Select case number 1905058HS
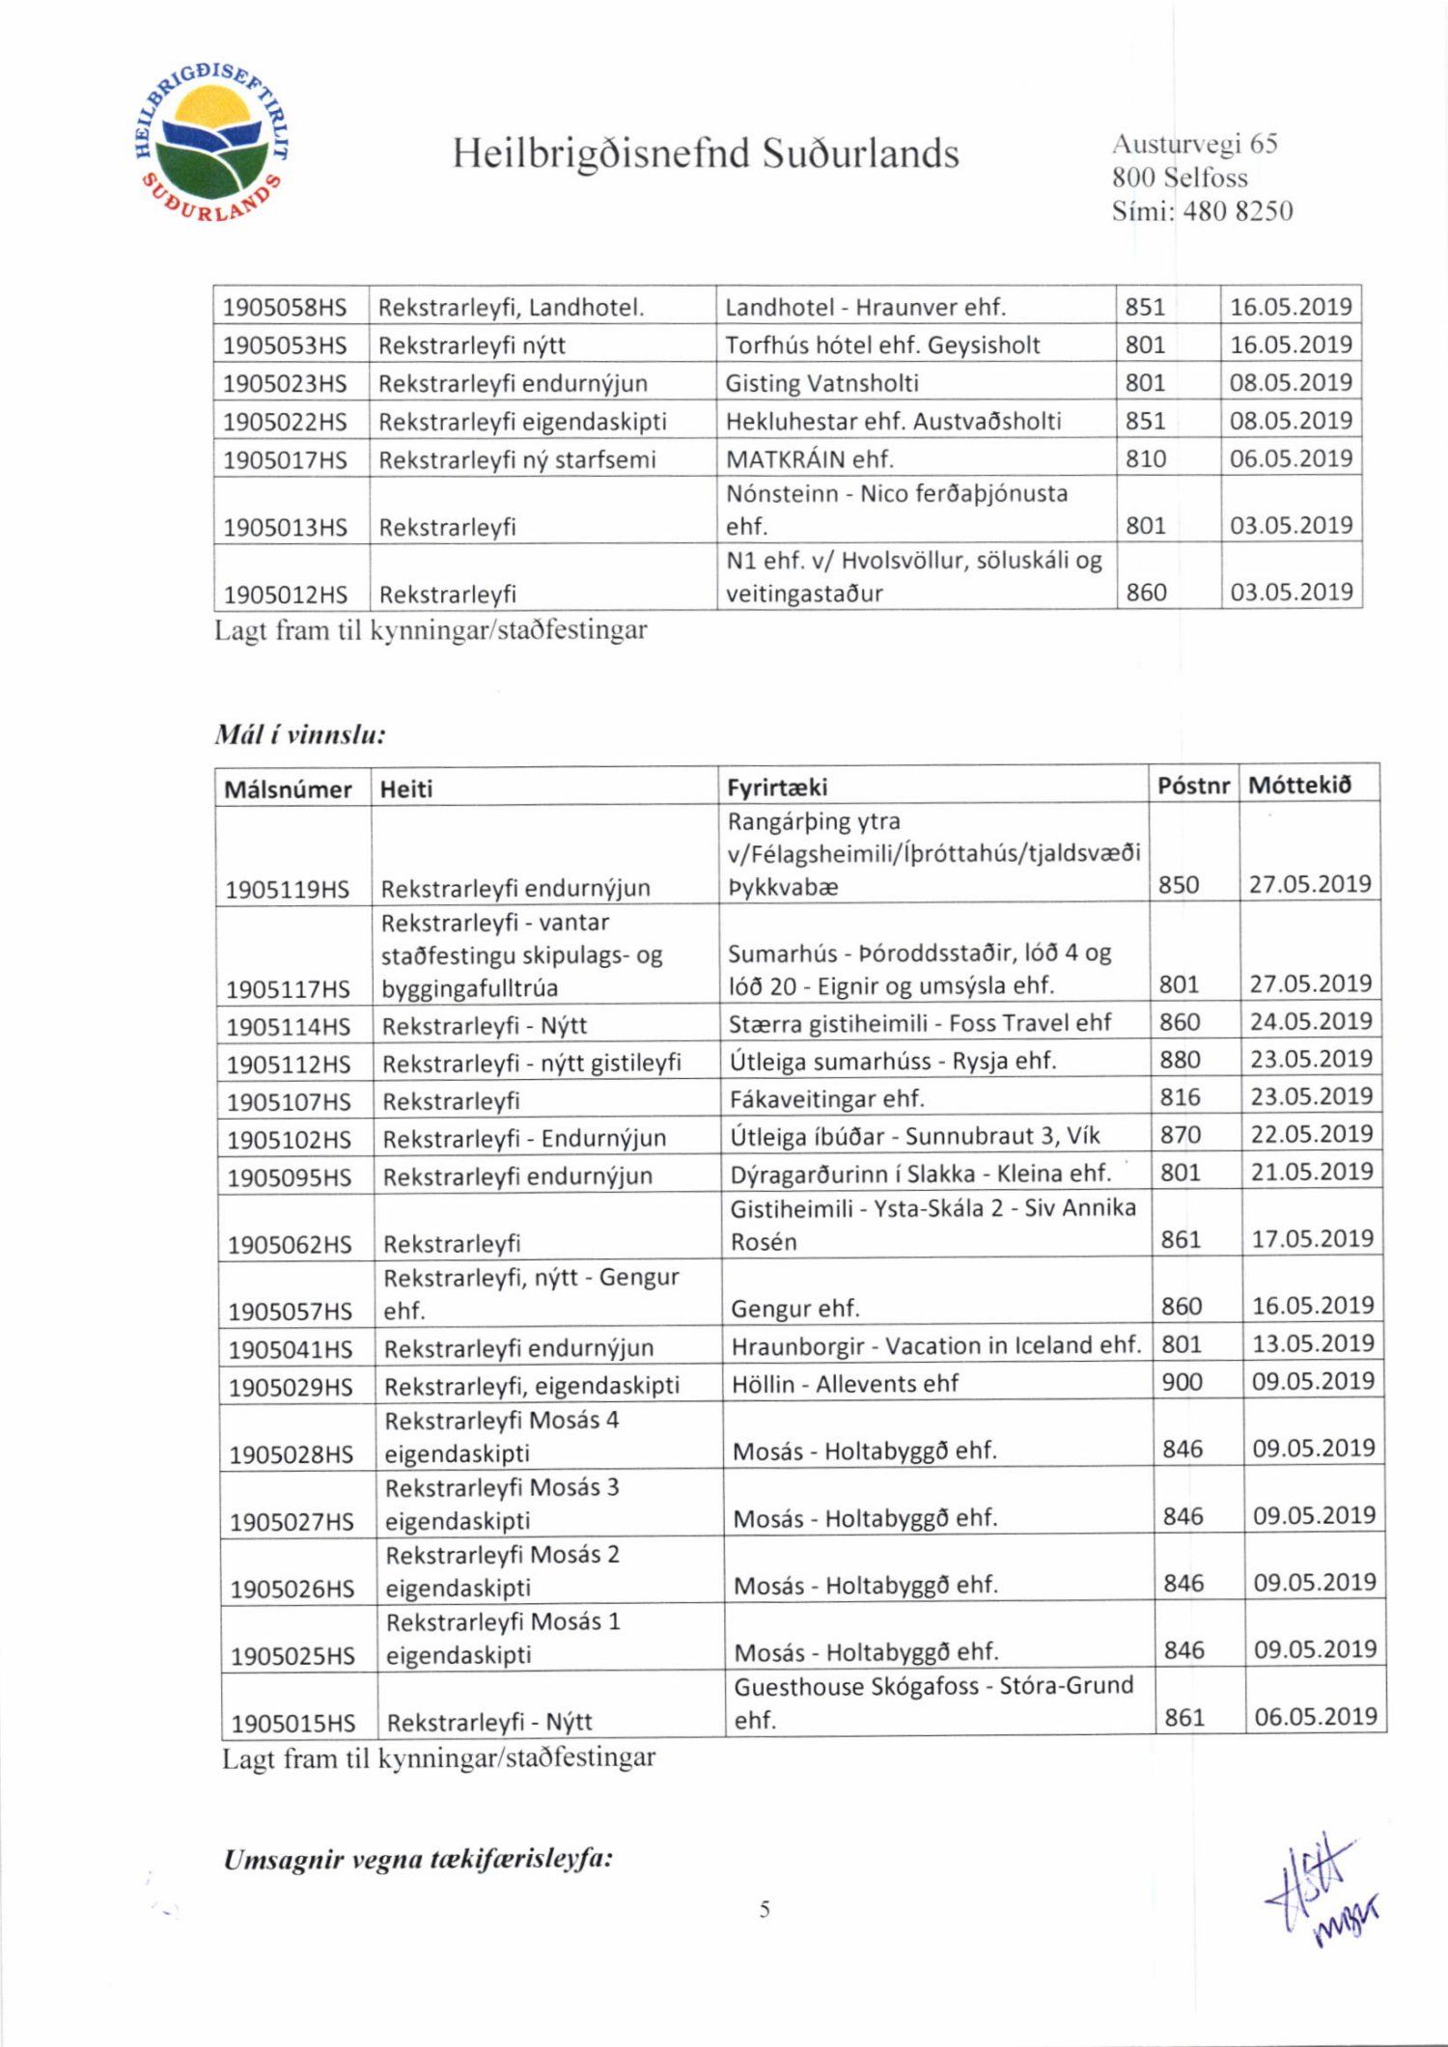tap(285, 308)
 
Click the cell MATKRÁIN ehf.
tap(809, 459)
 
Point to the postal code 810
tap(1146, 459)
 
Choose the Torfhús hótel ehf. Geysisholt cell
tap(882, 346)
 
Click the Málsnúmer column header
tap(288, 789)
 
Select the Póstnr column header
tap(1193, 786)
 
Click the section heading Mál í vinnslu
tap(300, 735)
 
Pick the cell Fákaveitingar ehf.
tap(826, 1098)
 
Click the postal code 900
tap(1182, 1382)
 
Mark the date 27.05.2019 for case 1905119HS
tap(1310, 884)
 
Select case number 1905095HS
tap(290, 1177)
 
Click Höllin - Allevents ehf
tap(845, 1384)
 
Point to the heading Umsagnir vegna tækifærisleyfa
tap(418, 1860)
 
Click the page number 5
tap(765, 1908)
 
